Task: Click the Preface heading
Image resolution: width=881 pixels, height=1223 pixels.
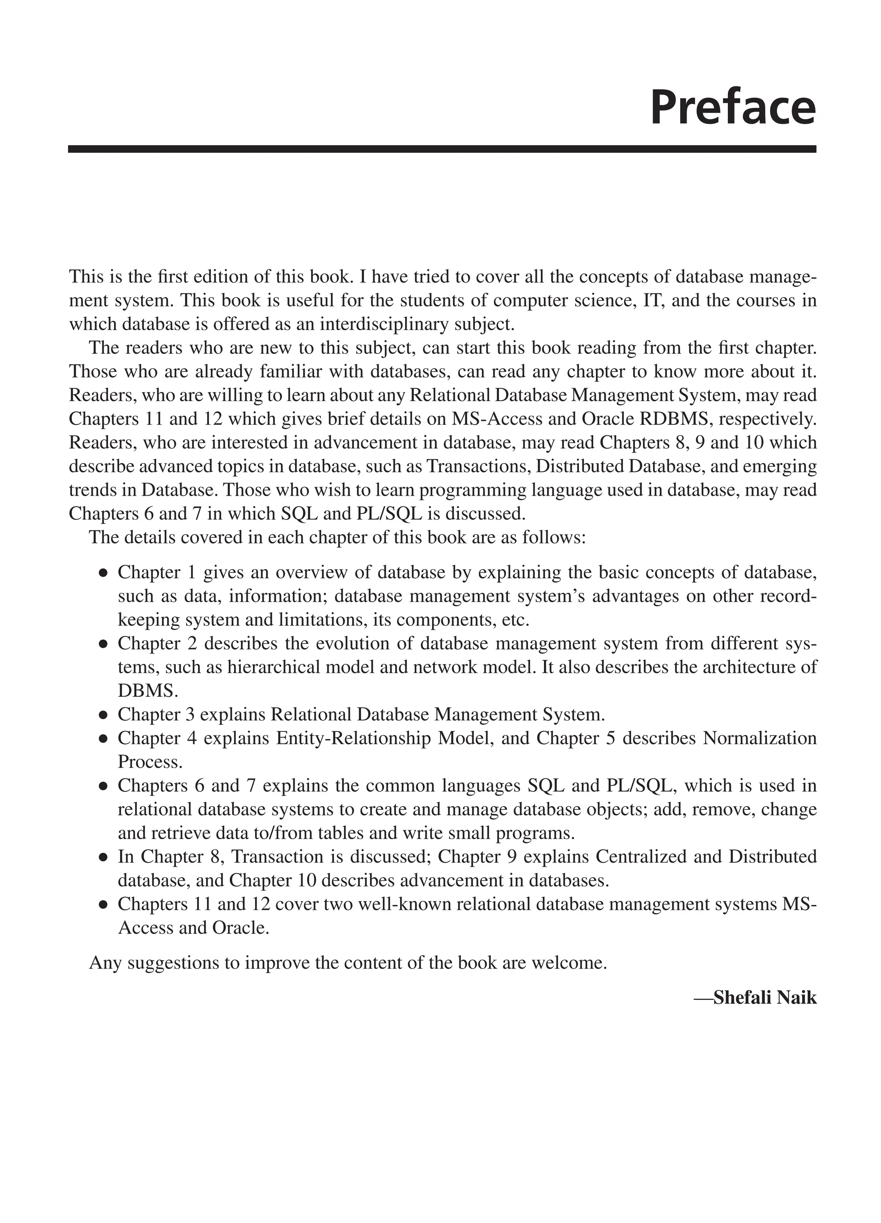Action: pyautogui.click(x=733, y=108)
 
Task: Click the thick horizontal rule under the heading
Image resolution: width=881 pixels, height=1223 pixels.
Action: pyautogui.click(x=441, y=149)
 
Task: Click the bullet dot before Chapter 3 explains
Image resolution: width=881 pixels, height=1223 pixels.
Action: pyautogui.click(x=102, y=716)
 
